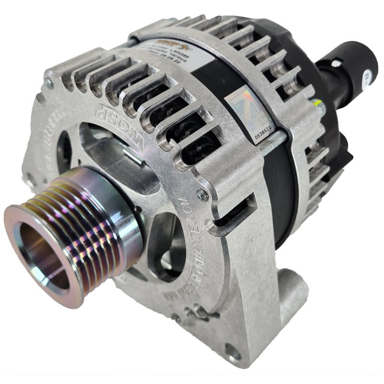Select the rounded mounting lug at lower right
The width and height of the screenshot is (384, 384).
(x=290, y=283)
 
